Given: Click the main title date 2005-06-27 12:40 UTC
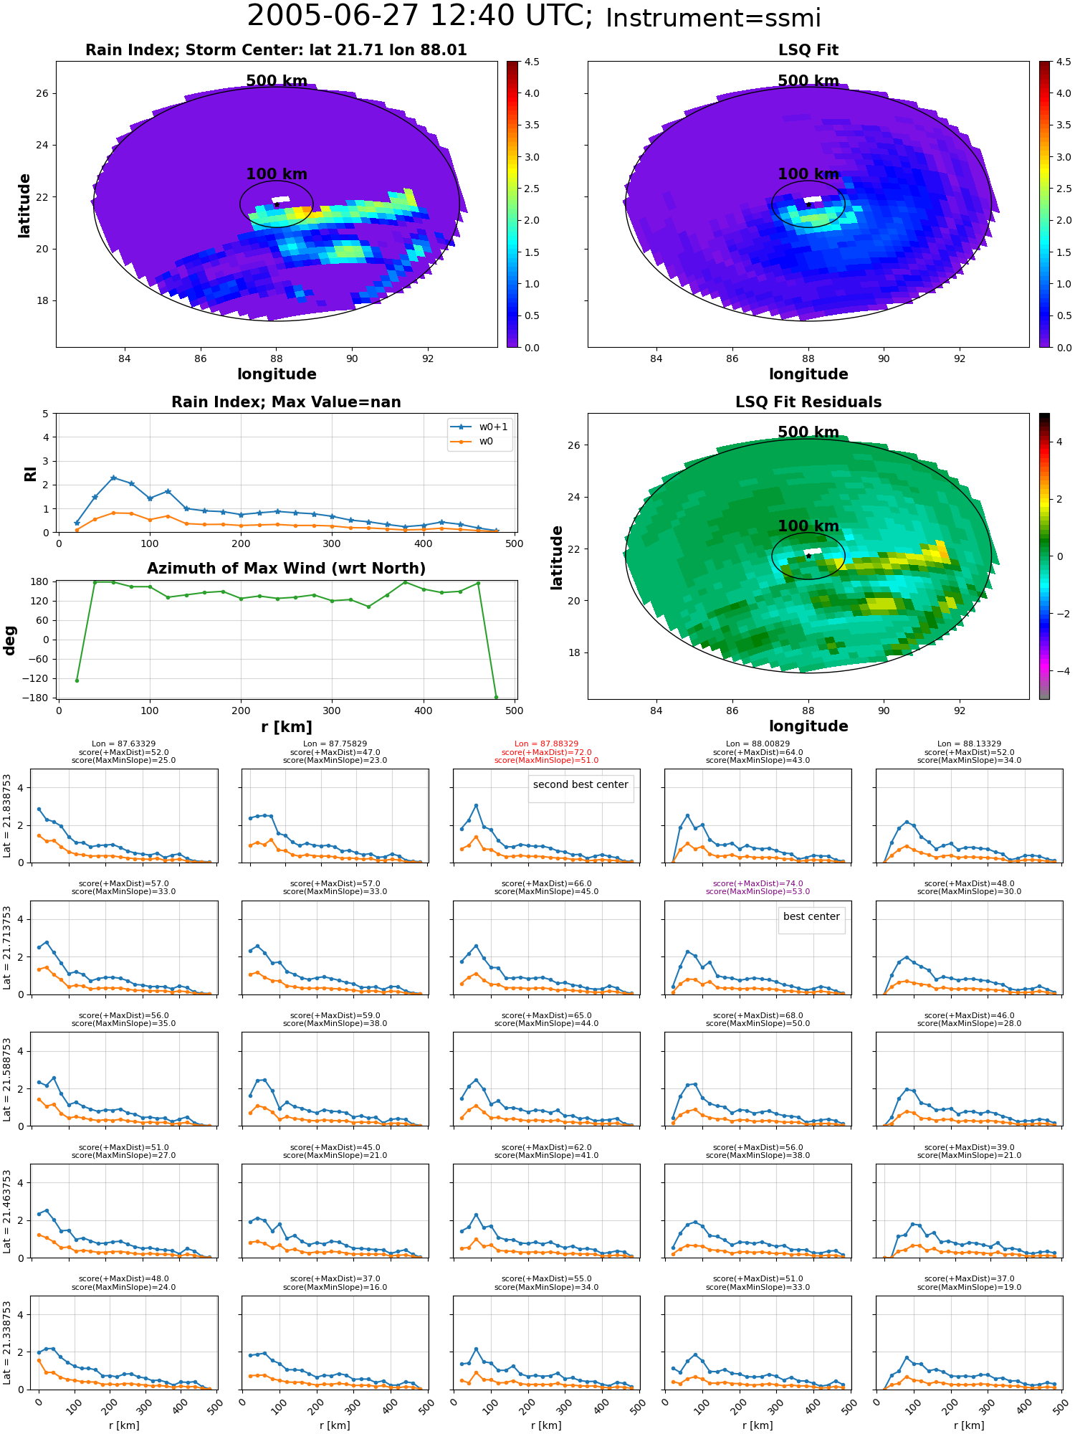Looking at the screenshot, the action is [x=420, y=16].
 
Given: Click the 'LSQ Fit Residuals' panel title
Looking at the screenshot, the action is [x=808, y=402].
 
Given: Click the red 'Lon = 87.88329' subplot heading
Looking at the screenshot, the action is [x=546, y=744].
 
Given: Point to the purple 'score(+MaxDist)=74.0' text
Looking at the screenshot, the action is [x=758, y=883].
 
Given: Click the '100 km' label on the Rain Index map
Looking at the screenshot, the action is [x=277, y=174].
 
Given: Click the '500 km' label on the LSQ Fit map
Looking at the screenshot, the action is [x=808, y=81].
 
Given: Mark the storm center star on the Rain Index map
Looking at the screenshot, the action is [x=277, y=204].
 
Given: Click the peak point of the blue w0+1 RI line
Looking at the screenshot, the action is [x=113, y=478].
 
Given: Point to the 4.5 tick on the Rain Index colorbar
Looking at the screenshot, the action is [x=531, y=62].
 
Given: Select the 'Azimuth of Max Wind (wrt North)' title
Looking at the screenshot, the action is [x=286, y=569].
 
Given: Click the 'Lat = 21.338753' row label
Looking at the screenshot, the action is [x=7, y=1343].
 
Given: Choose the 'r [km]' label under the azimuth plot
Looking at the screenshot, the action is [x=286, y=727].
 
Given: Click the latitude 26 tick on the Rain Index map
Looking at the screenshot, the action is [x=43, y=93].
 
